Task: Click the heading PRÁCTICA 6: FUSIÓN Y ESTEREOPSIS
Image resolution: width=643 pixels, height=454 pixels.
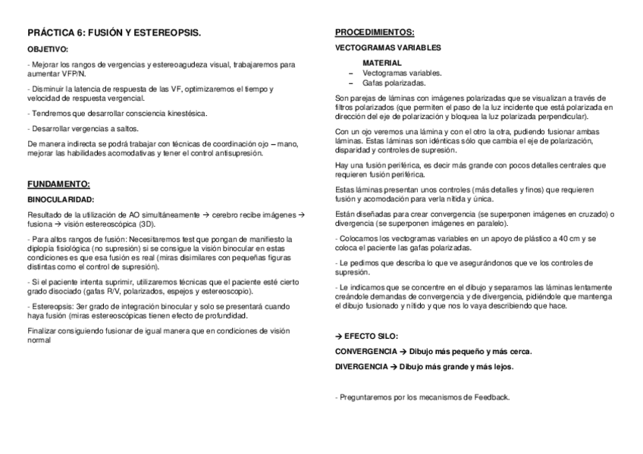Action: click(x=114, y=33)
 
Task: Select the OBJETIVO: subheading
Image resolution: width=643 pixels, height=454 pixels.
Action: click(x=48, y=49)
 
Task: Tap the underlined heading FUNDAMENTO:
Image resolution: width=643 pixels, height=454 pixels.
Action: click(x=58, y=184)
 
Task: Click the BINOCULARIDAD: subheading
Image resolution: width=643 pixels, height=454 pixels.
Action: click(x=61, y=199)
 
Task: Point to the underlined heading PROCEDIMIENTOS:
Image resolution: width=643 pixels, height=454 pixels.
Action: click(x=375, y=33)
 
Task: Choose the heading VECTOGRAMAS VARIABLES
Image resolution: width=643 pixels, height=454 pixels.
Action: click(x=387, y=47)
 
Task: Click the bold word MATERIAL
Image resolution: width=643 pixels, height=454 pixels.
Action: click(x=381, y=62)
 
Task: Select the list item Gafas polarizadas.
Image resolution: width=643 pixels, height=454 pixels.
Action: click(x=394, y=83)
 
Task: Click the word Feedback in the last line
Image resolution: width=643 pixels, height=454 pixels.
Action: click(x=489, y=397)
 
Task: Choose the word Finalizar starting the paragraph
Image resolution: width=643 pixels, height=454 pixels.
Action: click(x=42, y=331)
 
